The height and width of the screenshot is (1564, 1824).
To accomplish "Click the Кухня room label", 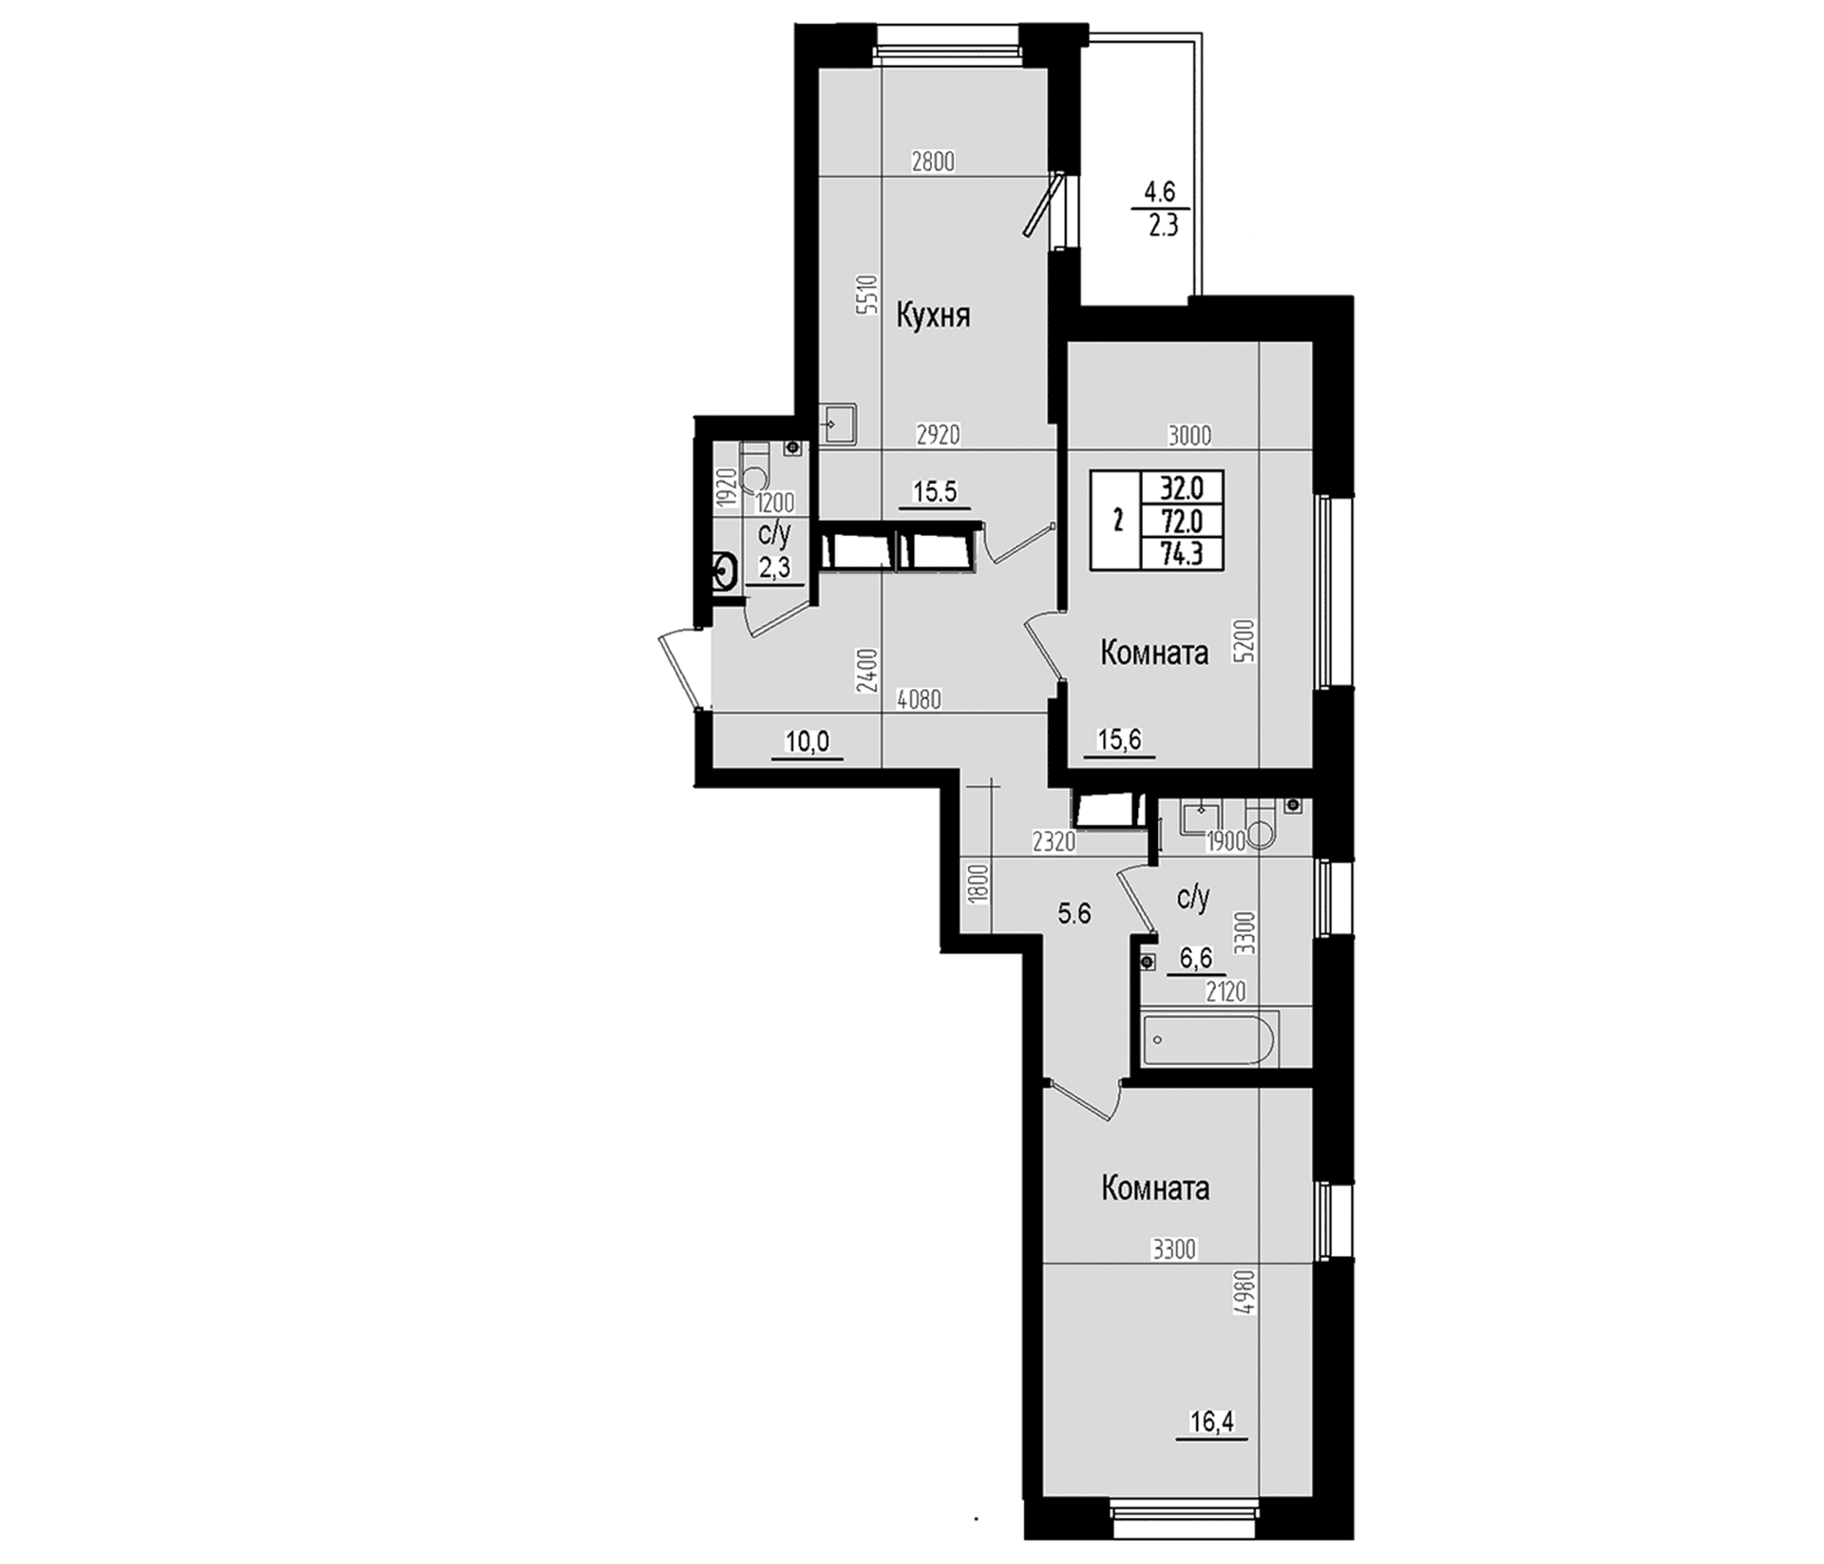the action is click(x=933, y=315).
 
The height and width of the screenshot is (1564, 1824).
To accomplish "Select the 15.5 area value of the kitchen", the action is click(x=935, y=491).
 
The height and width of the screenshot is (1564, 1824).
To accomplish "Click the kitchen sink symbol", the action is click(x=840, y=424).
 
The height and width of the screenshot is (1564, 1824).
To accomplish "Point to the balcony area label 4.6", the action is click(x=1159, y=192).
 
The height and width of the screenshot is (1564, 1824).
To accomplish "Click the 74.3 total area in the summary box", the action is click(x=1181, y=552).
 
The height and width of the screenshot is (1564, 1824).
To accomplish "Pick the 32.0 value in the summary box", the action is click(x=1181, y=487).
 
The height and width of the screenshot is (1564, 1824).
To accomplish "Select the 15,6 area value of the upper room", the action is click(x=1119, y=739).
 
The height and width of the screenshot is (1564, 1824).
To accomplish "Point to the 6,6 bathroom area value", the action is click(x=1195, y=958).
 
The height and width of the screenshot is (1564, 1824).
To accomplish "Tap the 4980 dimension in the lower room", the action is click(x=1246, y=1293).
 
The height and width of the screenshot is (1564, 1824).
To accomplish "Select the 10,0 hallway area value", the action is click(x=807, y=741).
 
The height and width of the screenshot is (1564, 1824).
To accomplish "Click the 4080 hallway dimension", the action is click(x=919, y=700).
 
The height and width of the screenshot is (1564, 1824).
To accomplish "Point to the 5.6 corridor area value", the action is click(x=1074, y=914).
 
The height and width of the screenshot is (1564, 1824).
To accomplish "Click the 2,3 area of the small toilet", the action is click(x=774, y=568).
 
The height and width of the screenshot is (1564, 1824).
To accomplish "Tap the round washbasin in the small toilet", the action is click(x=726, y=573).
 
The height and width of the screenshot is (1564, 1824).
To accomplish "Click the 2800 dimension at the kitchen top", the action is click(x=932, y=162).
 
